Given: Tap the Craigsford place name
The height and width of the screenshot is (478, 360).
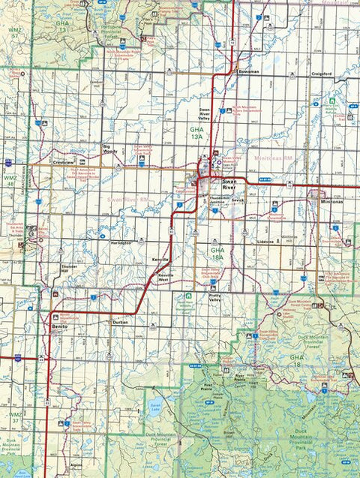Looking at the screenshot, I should (322, 74).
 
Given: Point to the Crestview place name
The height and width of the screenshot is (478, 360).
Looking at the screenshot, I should (64, 162).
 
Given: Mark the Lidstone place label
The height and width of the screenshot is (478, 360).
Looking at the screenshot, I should (265, 243).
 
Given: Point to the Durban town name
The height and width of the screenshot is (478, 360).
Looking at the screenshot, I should (120, 322).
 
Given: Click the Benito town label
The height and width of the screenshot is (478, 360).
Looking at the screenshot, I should (60, 328).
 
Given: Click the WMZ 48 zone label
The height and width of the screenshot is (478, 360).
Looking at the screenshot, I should (10, 181).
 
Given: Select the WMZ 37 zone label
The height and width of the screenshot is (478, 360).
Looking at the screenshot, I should (15, 416).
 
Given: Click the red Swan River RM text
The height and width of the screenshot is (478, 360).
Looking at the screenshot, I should (128, 200).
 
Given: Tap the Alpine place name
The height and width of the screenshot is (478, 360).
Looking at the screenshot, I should (77, 466).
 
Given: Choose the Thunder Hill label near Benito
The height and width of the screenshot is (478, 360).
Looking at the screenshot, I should (70, 269).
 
